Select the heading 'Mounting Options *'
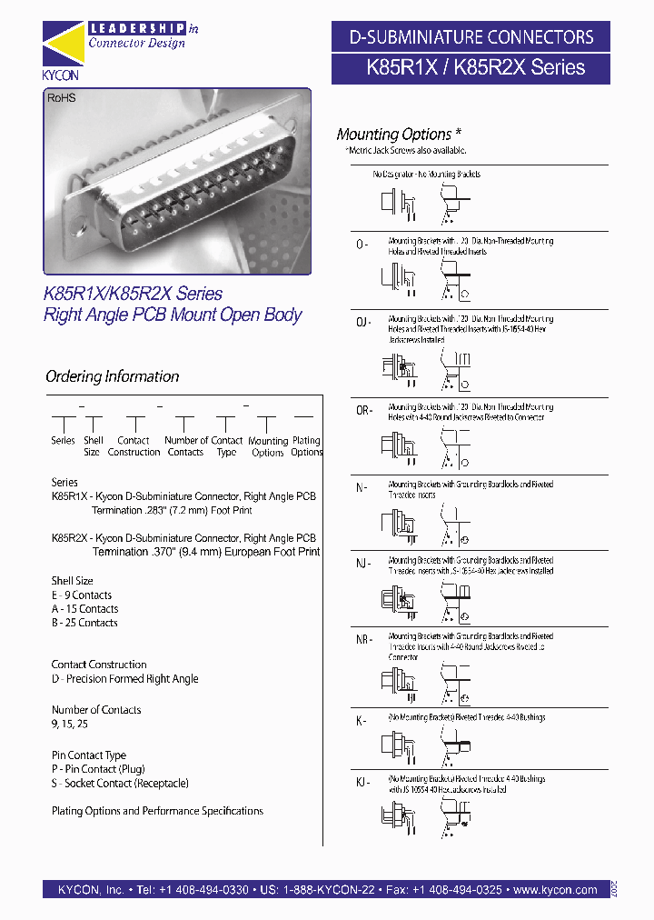(x=394, y=135)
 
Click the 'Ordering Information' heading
(x=112, y=376)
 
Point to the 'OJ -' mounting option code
(x=363, y=323)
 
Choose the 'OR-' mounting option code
(x=363, y=411)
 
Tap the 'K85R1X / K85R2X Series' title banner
(x=470, y=67)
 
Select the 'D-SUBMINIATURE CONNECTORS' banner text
(x=471, y=37)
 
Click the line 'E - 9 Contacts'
(x=82, y=595)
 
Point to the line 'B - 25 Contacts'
(x=84, y=623)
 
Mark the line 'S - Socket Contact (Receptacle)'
(x=120, y=783)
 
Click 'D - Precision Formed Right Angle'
(x=124, y=679)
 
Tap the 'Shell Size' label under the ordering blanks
(x=93, y=445)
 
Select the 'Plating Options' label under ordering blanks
(x=306, y=445)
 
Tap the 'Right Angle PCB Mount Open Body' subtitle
(x=173, y=315)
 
